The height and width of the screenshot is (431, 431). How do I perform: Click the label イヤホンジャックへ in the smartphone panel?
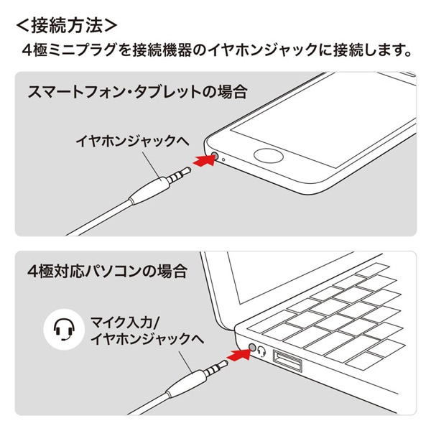click(x=132, y=141)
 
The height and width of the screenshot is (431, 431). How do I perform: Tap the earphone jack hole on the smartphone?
click(x=216, y=154)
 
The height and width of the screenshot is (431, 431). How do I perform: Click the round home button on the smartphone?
click(x=269, y=155)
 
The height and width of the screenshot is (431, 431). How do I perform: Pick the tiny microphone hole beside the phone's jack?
click(x=226, y=158)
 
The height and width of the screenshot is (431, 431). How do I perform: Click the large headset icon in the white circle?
click(x=62, y=328)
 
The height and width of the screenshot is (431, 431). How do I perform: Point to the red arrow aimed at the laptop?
click(x=239, y=353)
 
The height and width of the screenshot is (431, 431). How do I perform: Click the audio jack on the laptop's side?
click(x=252, y=347)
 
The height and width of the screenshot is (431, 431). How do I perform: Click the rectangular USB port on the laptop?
click(x=287, y=361)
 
